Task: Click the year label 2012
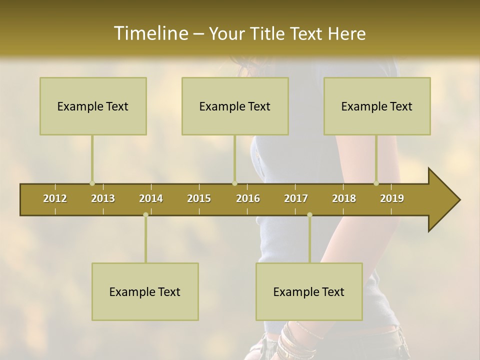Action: pos(55,198)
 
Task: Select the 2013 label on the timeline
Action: pos(103,198)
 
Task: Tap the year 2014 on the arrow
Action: pos(151,198)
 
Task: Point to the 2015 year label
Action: pos(199,198)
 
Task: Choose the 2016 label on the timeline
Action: pos(248,198)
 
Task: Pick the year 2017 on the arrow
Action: pos(296,198)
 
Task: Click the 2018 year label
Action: pos(344,198)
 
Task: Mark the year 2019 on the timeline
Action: pos(392,198)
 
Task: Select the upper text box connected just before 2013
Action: pos(93,106)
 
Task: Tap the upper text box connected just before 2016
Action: pos(235,106)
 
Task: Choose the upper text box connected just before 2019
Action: pos(377,106)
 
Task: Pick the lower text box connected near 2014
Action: pos(145,291)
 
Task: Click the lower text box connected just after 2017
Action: pos(309,291)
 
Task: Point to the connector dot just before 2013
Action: pos(92,183)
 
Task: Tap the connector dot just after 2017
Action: pos(309,215)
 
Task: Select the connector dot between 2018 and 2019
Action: pos(376,183)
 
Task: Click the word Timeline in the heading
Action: pos(150,33)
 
